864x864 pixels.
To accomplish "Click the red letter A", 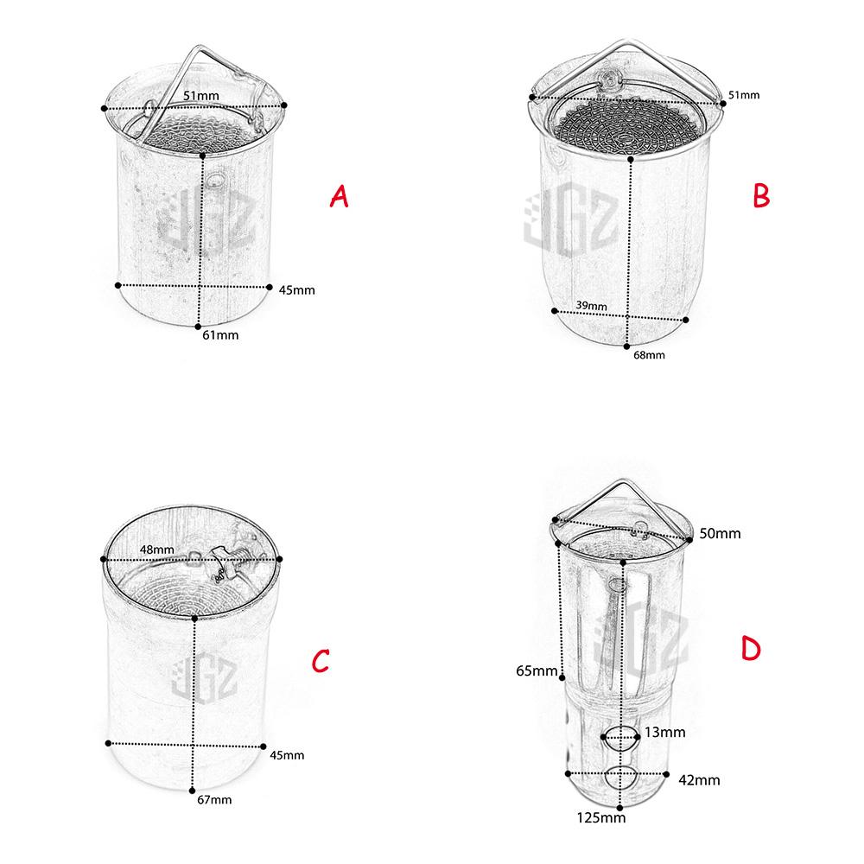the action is point(340,196).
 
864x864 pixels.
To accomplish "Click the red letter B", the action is point(761,195).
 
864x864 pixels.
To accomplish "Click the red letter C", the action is point(321,661).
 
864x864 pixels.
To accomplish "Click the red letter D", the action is point(751,648).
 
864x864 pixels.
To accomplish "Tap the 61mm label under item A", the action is point(220,335).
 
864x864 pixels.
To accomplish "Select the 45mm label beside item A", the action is point(297,289).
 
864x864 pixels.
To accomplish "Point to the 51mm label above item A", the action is point(201,95).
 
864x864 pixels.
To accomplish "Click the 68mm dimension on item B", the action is point(649,355).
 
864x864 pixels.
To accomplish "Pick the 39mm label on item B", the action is point(591,305).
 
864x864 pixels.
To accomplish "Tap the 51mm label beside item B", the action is point(744,95).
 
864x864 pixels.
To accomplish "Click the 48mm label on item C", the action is point(157,550).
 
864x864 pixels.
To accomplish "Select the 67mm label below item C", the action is point(214,799).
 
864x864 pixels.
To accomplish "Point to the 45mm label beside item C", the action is point(287,755).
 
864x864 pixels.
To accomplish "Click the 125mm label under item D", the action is point(601,817).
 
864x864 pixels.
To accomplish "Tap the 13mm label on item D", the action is point(665,733).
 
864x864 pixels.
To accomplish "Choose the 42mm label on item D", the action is point(699,780).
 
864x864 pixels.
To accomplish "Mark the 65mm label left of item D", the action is point(537,670).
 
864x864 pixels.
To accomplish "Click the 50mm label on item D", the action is point(721,533).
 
